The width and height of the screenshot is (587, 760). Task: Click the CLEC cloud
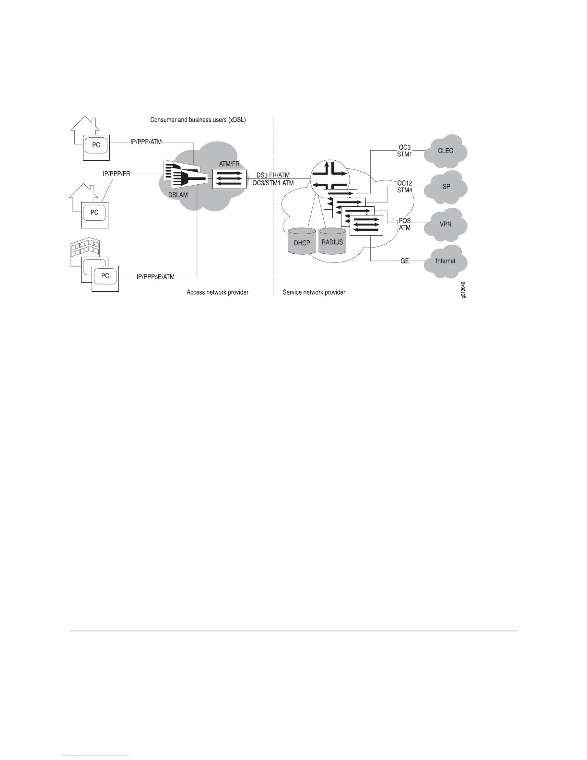point(446,151)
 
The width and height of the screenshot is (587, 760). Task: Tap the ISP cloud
point(446,187)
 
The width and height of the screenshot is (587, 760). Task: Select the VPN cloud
point(446,224)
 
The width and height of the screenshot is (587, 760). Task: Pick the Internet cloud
point(446,261)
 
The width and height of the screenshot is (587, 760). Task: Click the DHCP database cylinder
point(302,242)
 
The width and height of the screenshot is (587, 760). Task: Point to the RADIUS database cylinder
point(332,242)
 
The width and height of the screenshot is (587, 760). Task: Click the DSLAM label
point(178,195)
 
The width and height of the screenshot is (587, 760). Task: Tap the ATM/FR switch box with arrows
point(229,178)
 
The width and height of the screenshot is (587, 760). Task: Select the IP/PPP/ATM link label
point(146,142)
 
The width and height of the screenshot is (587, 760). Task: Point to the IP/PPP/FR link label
point(117,174)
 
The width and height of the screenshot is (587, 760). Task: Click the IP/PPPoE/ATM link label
point(155,277)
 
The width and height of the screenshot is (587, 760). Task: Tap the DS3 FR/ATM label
point(273,176)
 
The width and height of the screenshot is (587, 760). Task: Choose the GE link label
point(405,261)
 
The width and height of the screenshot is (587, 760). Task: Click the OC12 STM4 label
point(405,187)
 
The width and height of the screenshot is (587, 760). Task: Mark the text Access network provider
point(217,292)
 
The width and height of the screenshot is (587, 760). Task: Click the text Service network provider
point(314,292)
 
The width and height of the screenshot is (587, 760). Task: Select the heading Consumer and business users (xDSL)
point(198,120)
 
